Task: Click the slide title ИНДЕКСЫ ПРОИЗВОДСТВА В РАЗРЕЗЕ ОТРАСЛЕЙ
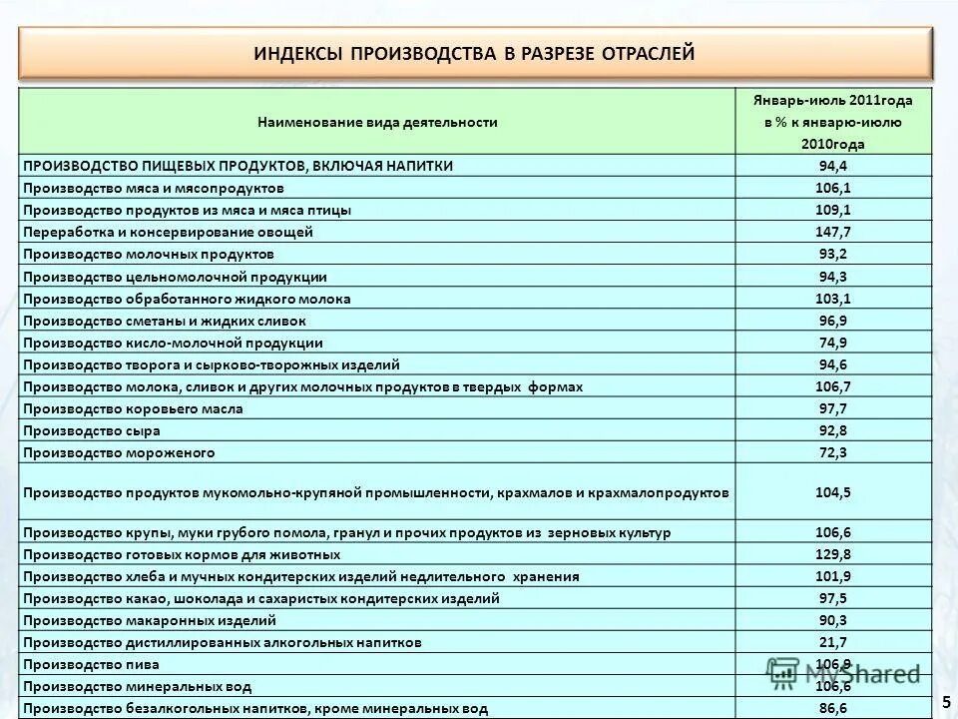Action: point(473,52)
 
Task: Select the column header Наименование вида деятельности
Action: point(377,122)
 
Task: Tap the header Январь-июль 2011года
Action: point(832,101)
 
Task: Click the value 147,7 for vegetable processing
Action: point(832,232)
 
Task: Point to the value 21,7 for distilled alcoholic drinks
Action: point(832,642)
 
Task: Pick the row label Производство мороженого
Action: point(119,452)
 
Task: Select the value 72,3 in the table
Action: point(832,452)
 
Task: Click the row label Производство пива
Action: point(91,664)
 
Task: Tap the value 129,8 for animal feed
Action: point(832,554)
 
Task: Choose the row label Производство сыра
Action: point(91,430)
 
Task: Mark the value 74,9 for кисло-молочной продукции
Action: point(832,343)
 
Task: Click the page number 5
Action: point(946,703)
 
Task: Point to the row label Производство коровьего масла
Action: point(133,408)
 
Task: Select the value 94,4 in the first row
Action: point(832,166)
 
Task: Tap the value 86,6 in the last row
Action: point(832,708)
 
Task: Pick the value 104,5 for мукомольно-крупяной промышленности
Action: point(832,492)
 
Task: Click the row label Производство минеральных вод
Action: point(137,686)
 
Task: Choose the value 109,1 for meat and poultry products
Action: point(832,210)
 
